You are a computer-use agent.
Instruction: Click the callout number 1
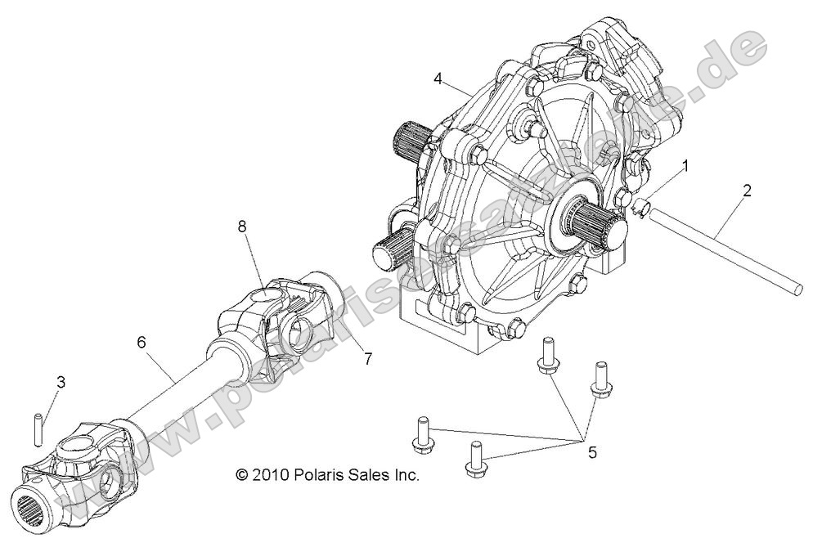tap(685, 165)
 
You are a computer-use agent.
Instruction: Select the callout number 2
tap(747, 191)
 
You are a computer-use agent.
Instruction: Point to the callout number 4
tap(438, 79)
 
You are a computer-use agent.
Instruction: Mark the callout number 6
tap(141, 343)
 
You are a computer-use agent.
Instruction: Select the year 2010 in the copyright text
tap(269, 474)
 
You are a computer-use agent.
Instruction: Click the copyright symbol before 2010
tap(241, 474)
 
